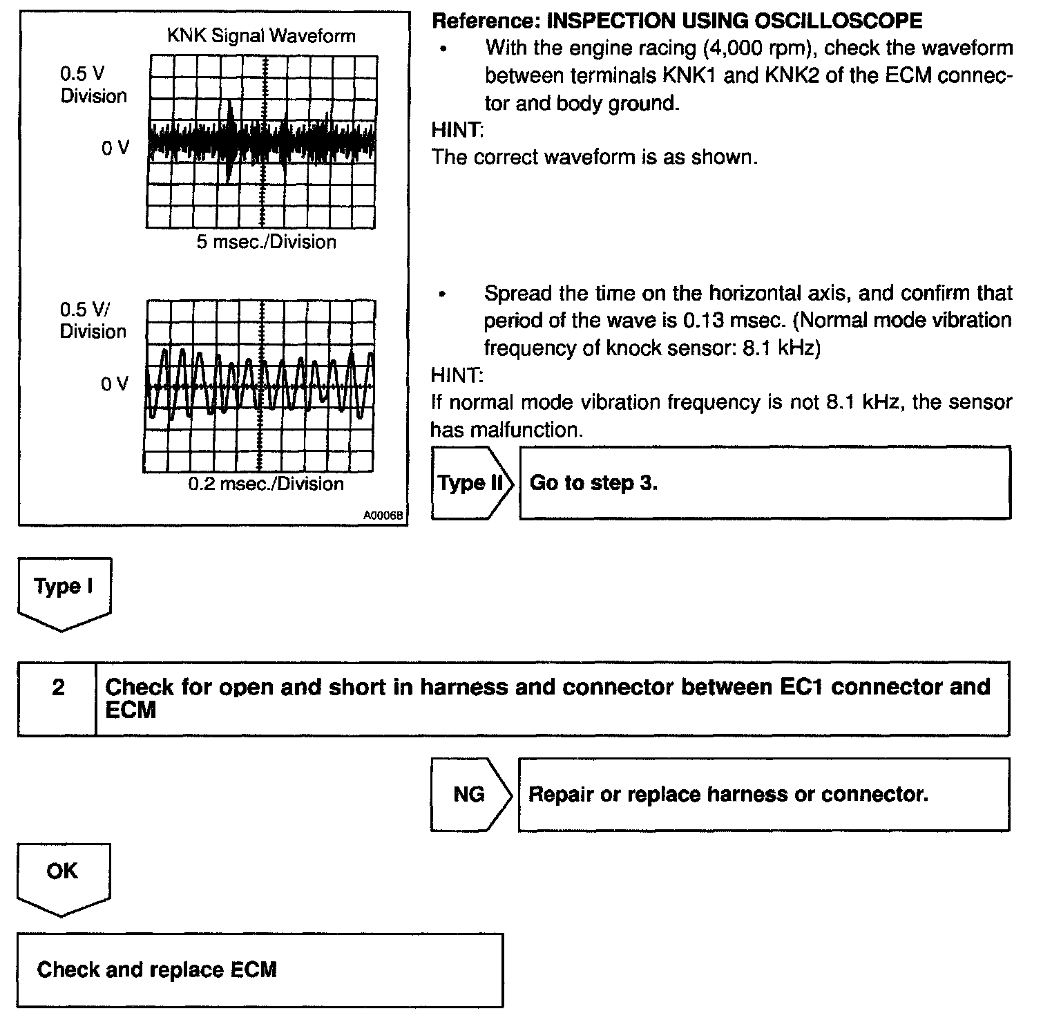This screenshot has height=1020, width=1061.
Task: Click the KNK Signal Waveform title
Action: [x=261, y=36]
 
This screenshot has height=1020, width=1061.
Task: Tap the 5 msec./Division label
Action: [x=266, y=242]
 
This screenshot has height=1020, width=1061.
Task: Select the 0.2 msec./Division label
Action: [x=266, y=483]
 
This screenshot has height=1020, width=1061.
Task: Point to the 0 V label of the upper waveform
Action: [x=115, y=148]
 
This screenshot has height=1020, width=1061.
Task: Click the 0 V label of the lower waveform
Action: [x=115, y=384]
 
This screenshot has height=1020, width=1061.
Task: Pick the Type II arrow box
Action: [x=472, y=482]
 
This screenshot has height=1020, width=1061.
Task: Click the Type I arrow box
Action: [x=64, y=591]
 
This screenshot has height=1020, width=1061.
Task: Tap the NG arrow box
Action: [x=470, y=794]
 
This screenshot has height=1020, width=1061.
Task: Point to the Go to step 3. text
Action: [x=593, y=482]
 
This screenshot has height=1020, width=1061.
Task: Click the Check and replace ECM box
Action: [x=260, y=970]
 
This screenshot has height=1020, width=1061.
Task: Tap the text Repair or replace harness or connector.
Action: [x=728, y=794]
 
